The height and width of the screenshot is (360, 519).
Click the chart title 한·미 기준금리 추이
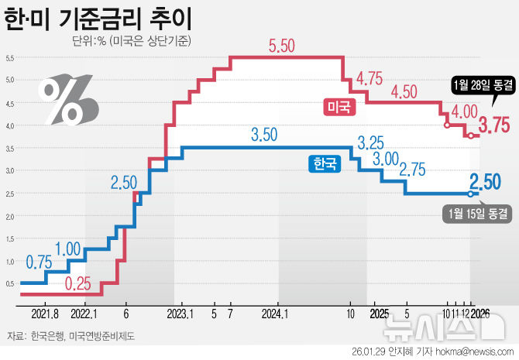[x=99, y=18]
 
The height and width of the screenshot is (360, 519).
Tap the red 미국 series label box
[x=339, y=107]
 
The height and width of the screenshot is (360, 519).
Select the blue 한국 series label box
[x=325, y=163]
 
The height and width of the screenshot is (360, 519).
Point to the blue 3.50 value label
[x=264, y=135]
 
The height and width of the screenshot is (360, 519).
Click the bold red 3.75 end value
[x=493, y=125]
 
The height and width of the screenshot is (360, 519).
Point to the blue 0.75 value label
[x=40, y=262]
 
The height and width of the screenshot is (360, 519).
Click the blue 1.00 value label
[x=68, y=249]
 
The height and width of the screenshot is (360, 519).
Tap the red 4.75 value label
[x=370, y=78]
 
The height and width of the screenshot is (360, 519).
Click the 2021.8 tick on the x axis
[x=46, y=314]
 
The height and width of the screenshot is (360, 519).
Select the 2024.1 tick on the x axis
[x=275, y=314]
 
